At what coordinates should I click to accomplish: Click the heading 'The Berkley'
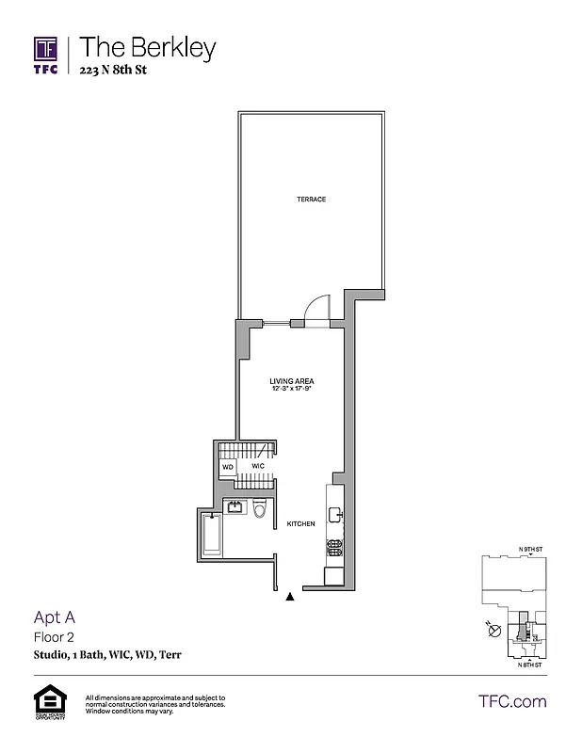(x=148, y=47)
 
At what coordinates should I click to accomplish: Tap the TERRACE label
(x=311, y=200)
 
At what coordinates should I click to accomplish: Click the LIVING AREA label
(x=291, y=381)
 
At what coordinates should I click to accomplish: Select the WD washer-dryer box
(x=228, y=466)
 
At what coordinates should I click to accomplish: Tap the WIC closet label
(x=256, y=466)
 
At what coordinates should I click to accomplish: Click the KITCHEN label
(x=301, y=524)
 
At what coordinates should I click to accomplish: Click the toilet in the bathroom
(x=262, y=510)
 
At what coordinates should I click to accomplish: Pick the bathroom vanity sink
(x=234, y=508)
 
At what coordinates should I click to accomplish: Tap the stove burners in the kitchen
(x=333, y=545)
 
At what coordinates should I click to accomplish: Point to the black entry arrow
(x=290, y=595)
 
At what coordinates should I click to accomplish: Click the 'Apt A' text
(x=54, y=618)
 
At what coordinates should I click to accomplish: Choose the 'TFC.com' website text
(x=512, y=701)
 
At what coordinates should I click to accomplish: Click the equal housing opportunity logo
(x=46, y=702)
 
